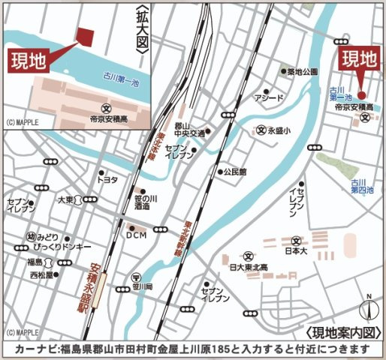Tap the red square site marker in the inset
point(86,35)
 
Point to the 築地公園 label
point(303,71)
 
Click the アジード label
point(268,98)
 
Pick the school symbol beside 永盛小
point(261,128)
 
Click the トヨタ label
point(107,180)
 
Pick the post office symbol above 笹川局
point(137,275)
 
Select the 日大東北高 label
point(248,268)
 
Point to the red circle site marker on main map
point(361,95)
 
